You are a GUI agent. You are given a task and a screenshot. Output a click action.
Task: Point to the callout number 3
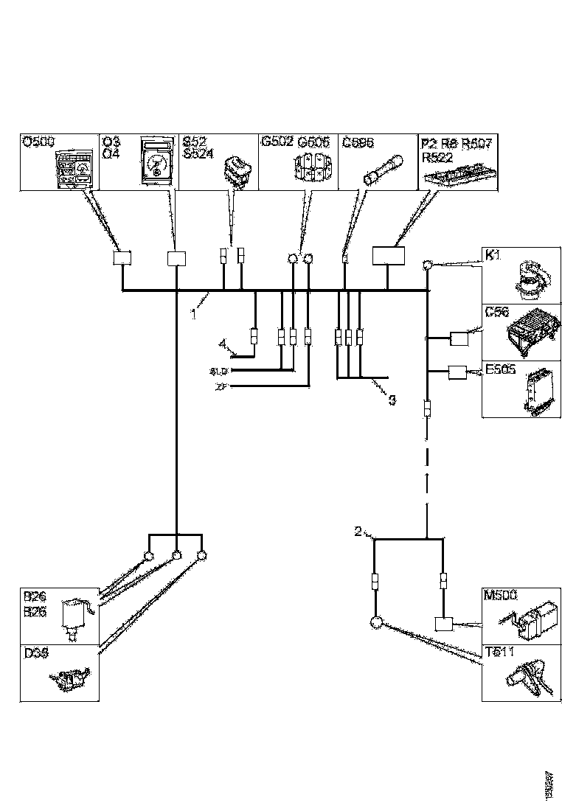392,400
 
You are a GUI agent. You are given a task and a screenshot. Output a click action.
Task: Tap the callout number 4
221,343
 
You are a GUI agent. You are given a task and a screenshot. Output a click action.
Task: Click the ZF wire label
221,386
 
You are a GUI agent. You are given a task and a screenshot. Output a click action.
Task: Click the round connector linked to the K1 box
426,265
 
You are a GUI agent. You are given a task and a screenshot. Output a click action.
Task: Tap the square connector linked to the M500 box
444,624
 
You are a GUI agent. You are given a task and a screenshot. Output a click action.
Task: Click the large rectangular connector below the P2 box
389,255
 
